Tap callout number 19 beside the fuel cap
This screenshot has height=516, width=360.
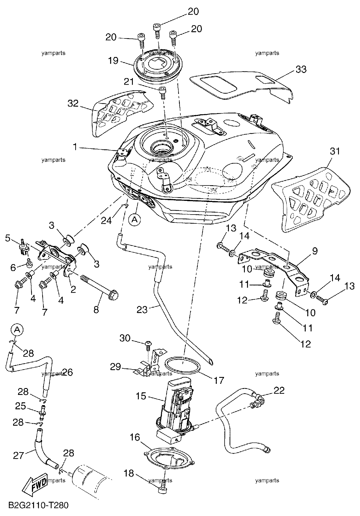[x=113, y=61]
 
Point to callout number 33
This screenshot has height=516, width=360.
[x=301, y=69]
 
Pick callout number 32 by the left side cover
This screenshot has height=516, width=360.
[x=73, y=103]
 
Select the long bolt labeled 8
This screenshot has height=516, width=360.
[x=99, y=286]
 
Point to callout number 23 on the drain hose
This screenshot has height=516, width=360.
[x=142, y=309]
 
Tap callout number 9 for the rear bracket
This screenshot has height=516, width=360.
[x=314, y=251]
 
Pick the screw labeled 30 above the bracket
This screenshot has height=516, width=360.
[x=148, y=344]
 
